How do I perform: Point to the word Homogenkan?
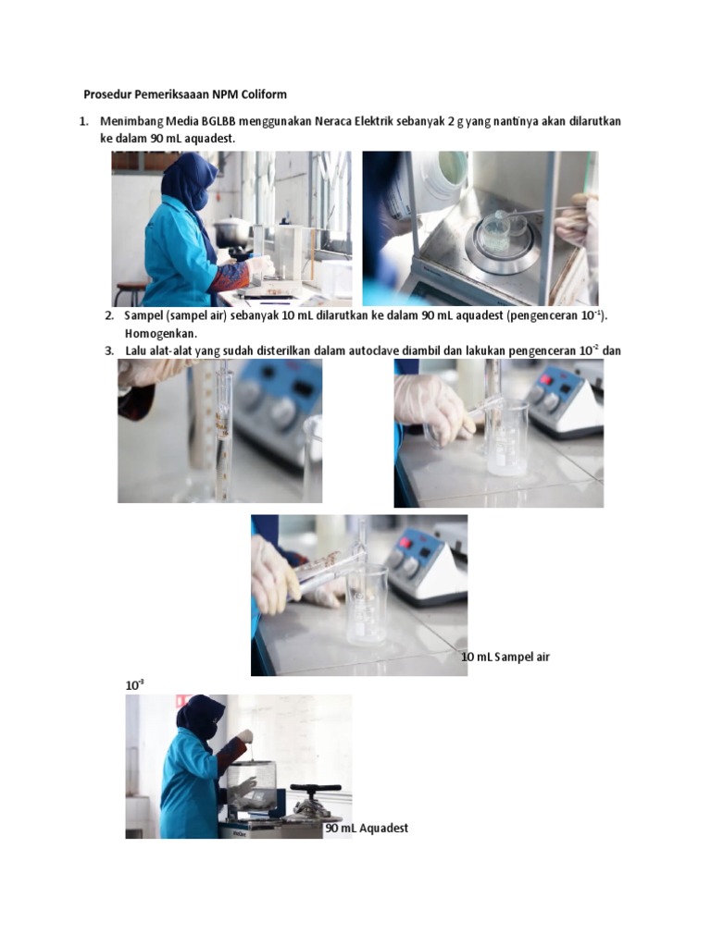[160, 333]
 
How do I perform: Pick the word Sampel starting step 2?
[143, 316]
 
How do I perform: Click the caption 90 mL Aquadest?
[367, 828]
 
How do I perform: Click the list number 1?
[83, 122]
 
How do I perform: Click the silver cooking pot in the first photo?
[231, 230]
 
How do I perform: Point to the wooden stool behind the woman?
[131, 292]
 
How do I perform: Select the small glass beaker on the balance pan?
[496, 231]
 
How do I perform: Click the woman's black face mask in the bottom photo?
[211, 731]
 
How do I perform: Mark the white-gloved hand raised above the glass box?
[244, 737]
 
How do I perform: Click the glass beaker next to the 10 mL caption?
[366, 606]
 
